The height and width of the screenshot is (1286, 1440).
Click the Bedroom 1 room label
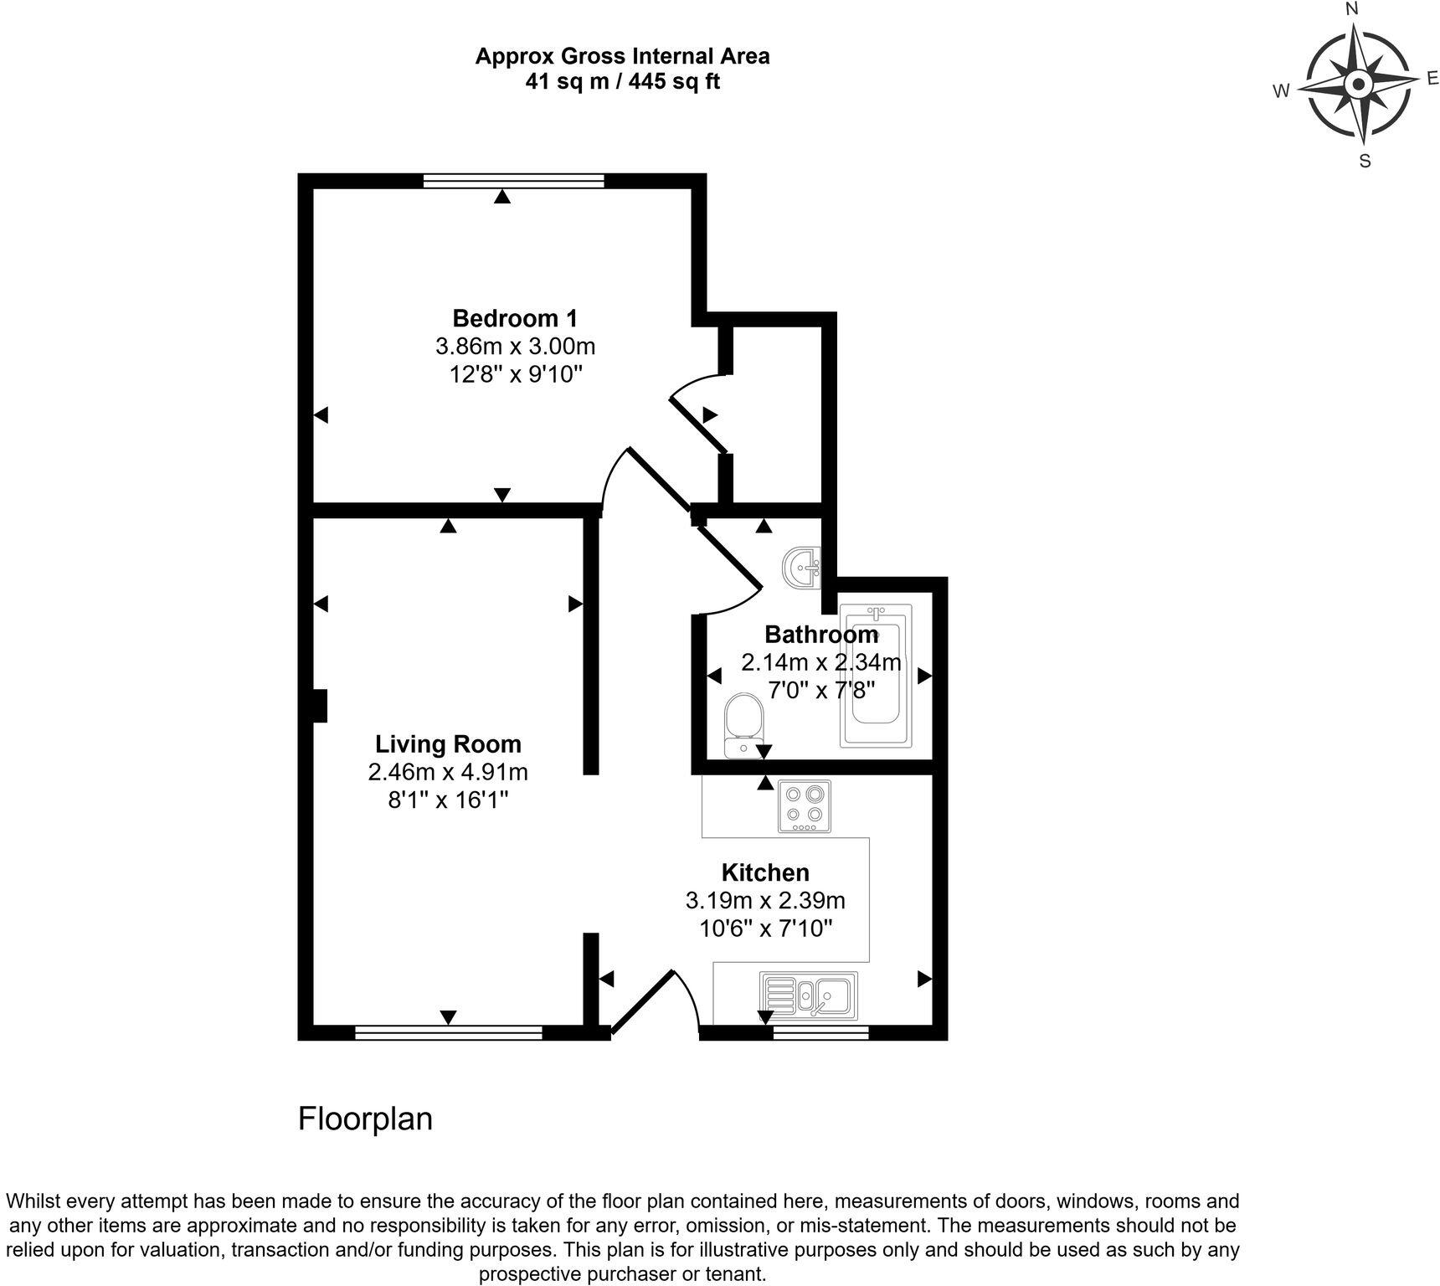(x=514, y=318)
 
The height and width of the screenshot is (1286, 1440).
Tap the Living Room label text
(x=448, y=744)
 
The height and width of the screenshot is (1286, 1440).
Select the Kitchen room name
(x=765, y=872)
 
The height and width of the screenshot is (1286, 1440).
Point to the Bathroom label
(x=820, y=634)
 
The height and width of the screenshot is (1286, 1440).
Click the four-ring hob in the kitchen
(x=805, y=806)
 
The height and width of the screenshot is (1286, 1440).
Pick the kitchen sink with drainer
(x=807, y=995)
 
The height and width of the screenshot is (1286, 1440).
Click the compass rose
(x=1358, y=84)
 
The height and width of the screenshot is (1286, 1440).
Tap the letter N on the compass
(x=1351, y=9)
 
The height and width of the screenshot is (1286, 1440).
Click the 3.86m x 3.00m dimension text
(x=514, y=346)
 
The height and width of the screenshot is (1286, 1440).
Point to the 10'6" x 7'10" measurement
(x=765, y=928)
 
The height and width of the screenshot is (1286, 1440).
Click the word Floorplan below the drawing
(x=365, y=1119)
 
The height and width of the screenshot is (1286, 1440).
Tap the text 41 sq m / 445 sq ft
(x=622, y=82)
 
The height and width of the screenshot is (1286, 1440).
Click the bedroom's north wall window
(x=513, y=180)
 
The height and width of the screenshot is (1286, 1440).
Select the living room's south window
(x=449, y=1033)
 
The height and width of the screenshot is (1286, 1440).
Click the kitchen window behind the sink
(x=820, y=1033)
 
